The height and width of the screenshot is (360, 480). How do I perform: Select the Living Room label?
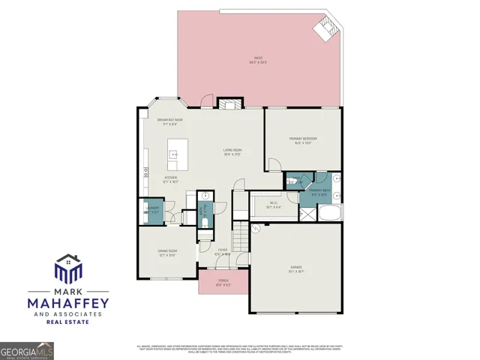pyautogui.click(x=232, y=152)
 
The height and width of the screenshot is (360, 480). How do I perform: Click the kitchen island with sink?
pyautogui.click(x=177, y=154)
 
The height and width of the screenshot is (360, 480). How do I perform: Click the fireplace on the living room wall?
pyautogui.click(x=226, y=104)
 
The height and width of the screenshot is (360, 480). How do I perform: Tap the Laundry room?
pyautogui.click(x=151, y=211)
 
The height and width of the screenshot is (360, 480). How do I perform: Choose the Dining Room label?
pyautogui.click(x=167, y=253)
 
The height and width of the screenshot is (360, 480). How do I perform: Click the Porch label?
pyautogui.click(x=223, y=283)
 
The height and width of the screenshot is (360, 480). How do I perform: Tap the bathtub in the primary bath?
pyautogui.click(x=331, y=213)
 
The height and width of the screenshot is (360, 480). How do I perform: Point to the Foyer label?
pyautogui.click(x=223, y=252)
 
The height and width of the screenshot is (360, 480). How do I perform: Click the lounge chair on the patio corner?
pyautogui.click(x=325, y=28)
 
